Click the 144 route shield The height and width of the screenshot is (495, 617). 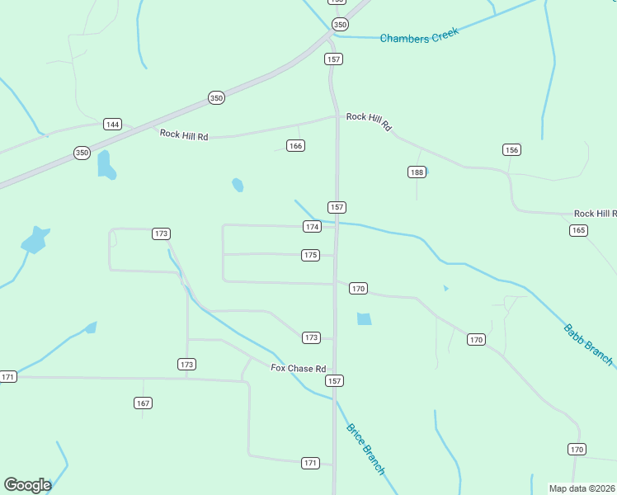(x=113, y=125)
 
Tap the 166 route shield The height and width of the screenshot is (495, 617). (x=296, y=146)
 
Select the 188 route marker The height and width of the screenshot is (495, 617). (x=417, y=172)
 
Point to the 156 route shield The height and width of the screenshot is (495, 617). (x=512, y=149)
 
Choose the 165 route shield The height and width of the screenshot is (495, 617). (x=578, y=230)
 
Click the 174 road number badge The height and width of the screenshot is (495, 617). (x=312, y=227)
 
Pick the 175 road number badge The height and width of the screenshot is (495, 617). (x=310, y=256)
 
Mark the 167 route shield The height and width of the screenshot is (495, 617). (x=144, y=403)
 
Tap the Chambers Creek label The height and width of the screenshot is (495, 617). (x=418, y=37)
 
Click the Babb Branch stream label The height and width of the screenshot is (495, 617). (x=588, y=344)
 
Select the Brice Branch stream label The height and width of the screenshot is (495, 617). (x=365, y=449)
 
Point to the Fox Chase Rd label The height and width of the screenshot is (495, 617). (x=299, y=368)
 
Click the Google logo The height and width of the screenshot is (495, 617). (x=27, y=485)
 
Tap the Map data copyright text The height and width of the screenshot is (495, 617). (x=582, y=488)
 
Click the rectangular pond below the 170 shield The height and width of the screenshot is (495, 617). (x=364, y=318)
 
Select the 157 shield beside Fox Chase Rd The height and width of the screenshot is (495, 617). (x=334, y=381)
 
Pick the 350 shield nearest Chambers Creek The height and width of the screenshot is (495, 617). (x=340, y=24)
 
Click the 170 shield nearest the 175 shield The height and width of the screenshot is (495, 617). (x=358, y=289)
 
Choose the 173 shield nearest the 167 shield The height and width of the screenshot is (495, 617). (x=187, y=364)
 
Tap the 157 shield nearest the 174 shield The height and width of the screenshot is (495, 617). (x=337, y=207)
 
